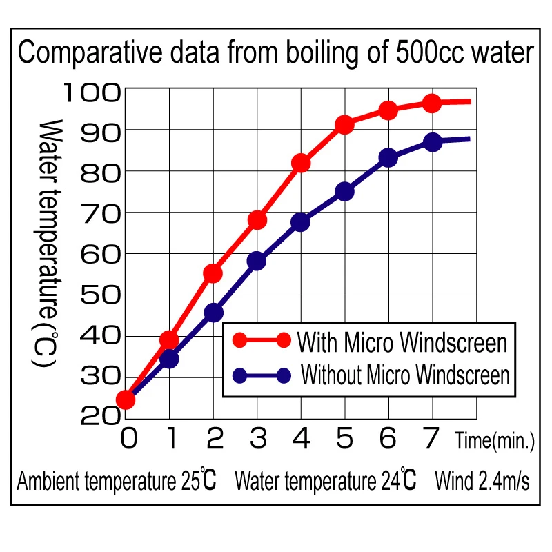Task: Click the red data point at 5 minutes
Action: point(344,125)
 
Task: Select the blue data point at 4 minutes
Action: point(301,222)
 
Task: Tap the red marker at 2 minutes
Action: point(213,273)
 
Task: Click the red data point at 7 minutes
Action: point(432,103)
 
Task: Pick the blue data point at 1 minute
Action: point(170,359)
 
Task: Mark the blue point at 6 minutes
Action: point(388,158)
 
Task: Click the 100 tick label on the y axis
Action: point(92,91)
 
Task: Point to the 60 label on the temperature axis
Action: point(101,253)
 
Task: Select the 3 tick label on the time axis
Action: point(257,439)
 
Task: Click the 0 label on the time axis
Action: point(127,439)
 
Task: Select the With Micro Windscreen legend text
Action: point(402,341)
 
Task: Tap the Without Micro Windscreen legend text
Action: point(406,375)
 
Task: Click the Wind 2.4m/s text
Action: point(482,481)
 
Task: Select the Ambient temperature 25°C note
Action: point(116,481)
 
